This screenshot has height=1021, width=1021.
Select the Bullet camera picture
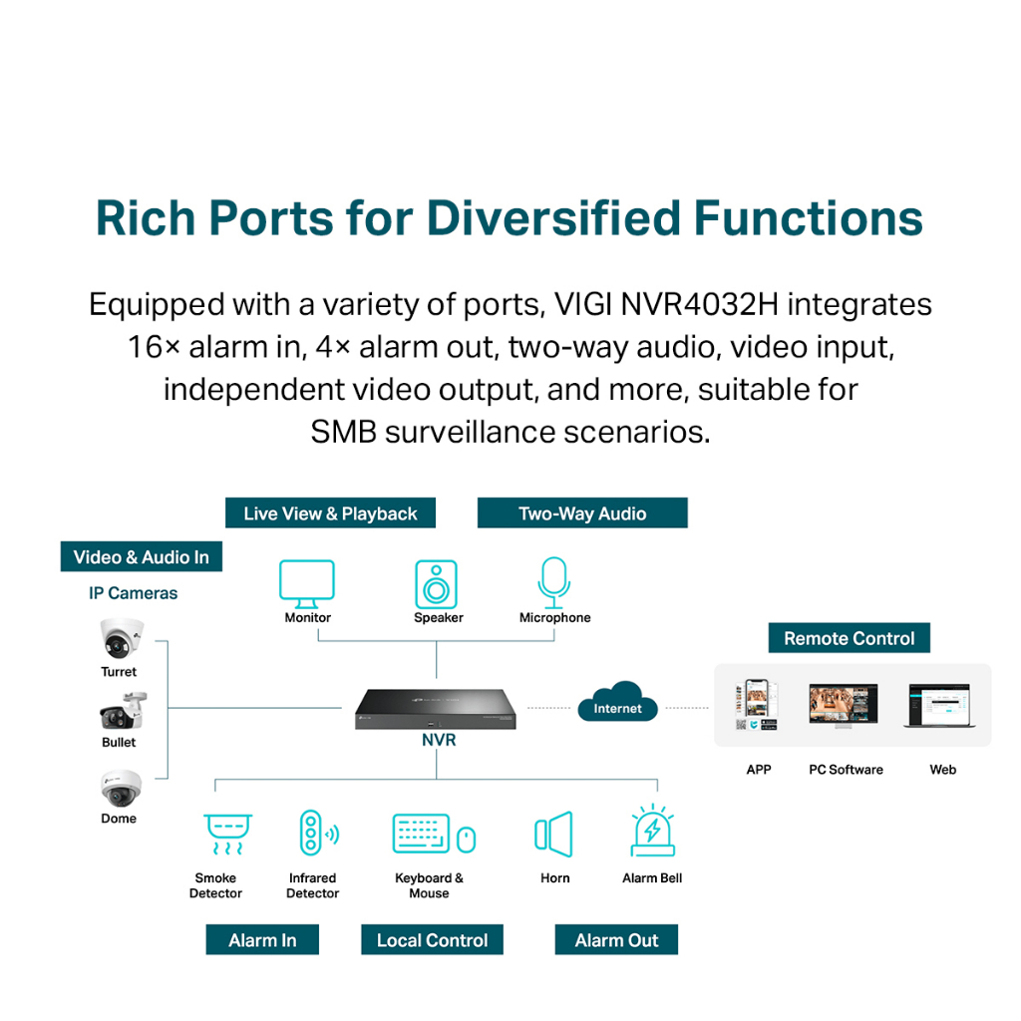click(122, 712)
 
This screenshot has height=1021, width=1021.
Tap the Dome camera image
click(121, 788)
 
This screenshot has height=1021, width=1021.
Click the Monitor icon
click(307, 583)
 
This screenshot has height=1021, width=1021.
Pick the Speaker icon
click(437, 583)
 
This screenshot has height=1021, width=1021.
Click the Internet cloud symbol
click(618, 704)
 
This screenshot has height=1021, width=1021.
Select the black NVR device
click(436, 709)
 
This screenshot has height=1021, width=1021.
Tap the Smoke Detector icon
click(227, 834)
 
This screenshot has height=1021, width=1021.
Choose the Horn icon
click(554, 834)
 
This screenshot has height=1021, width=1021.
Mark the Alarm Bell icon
click(653, 831)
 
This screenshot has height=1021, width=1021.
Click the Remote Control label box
click(849, 638)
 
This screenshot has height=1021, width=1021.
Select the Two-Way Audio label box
click(582, 513)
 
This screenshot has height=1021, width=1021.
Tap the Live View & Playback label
click(330, 513)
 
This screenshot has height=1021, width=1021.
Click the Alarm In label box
click(262, 939)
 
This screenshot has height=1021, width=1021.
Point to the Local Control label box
click(432, 939)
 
